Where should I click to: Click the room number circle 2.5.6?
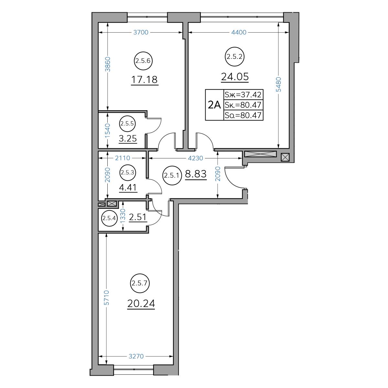tap(143, 61)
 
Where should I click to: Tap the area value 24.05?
tap(235, 77)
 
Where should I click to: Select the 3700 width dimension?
tap(141, 32)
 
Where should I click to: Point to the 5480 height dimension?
tap(278, 84)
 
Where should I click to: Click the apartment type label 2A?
tap(214, 105)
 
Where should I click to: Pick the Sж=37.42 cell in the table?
tap(243, 94)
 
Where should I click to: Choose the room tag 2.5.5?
tap(127, 124)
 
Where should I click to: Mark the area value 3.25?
tap(128, 138)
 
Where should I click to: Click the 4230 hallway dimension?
tap(195, 158)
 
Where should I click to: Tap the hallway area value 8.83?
tap(196, 174)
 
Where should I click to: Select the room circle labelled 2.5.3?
tap(128, 173)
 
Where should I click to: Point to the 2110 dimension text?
tap(123, 158)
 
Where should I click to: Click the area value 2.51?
tap(137, 217)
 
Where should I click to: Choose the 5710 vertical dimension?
tap(106, 297)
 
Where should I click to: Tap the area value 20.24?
tap(141, 303)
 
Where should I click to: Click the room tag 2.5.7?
tap(140, 283)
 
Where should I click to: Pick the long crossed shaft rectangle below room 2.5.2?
tap(260, 154)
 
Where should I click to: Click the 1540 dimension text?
tap(108, 131)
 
